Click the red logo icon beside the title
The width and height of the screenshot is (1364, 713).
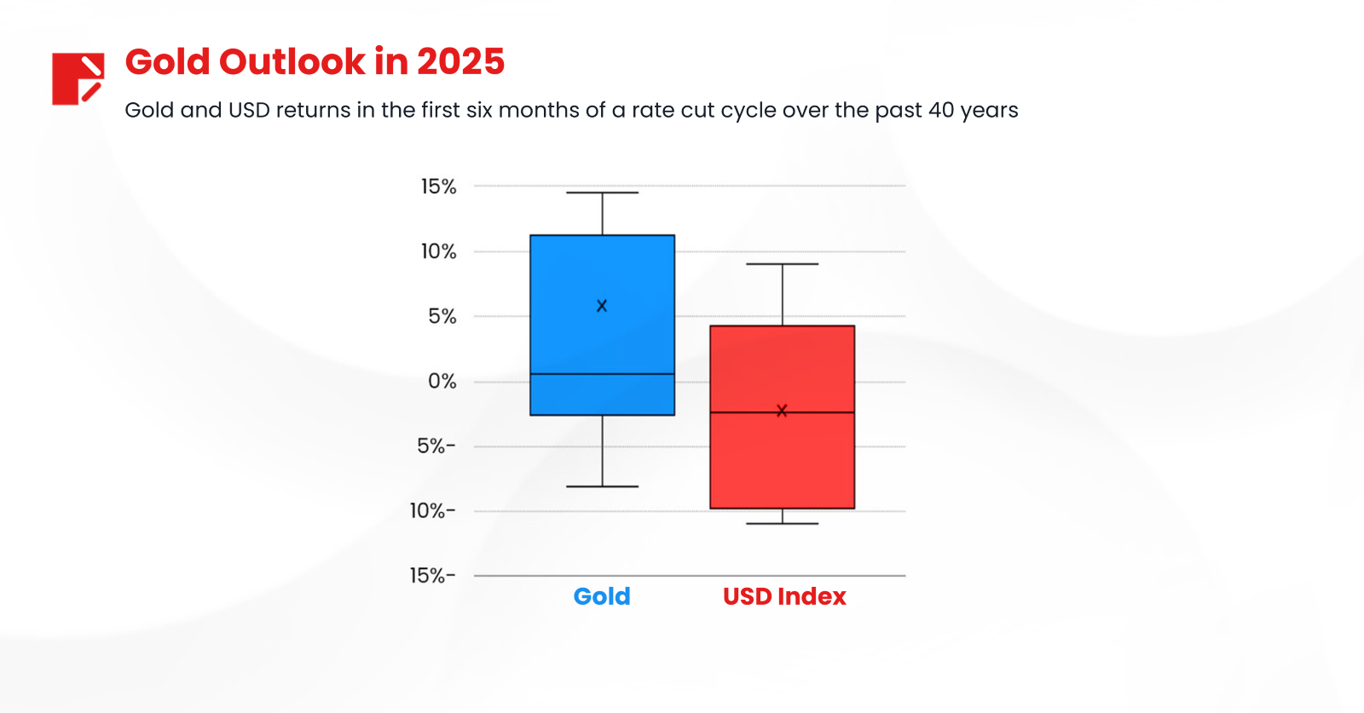[78, 78]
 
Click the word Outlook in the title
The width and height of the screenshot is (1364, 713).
[292, 62]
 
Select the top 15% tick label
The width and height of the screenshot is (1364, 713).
[438, 187]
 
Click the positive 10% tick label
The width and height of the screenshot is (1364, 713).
[438, 251]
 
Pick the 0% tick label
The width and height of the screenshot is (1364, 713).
[442, 382]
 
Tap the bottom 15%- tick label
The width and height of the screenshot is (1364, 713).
[432, 576]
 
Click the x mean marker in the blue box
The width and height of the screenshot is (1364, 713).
[602, 306]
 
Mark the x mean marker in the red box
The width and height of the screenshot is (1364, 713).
[782, 411]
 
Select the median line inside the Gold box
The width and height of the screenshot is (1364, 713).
[602, 374]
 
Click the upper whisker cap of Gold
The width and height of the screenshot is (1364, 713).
[602, 193]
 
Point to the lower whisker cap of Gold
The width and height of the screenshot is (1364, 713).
[602, 486]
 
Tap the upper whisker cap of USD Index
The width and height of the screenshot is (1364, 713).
[782, 264]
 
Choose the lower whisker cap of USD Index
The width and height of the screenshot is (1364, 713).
[782, 523]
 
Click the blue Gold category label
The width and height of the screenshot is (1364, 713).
[602, 596]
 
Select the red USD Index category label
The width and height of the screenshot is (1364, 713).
[784, 596]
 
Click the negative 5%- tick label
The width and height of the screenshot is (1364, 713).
[436, 446]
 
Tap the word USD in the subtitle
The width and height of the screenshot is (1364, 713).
[249, 111]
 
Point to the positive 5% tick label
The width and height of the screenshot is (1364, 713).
[442, 317]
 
